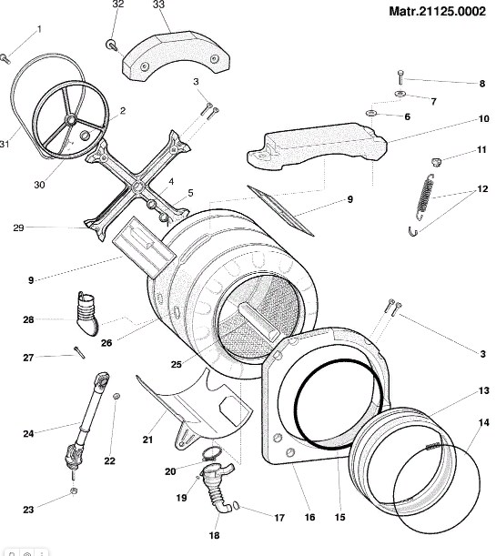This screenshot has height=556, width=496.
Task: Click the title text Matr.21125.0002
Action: pyautogui.click(x=437, y=11)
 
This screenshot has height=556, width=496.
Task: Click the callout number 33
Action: pyautogui.click(x=159, y=5)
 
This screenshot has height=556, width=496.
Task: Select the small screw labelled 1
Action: pyautogui.click(x=5, y=59)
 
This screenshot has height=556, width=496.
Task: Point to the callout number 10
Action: pyautogui.click(x=483, y=118)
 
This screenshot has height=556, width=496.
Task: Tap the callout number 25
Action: pyautogui.click(x=177, y=365)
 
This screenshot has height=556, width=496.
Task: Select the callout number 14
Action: pyautogui.click(x=483, y=422)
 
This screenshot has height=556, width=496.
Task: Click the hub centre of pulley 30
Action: pyautogui.click(x=71, y=120)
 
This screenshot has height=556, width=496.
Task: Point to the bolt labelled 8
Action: pyautogui.click(x=400, y=77)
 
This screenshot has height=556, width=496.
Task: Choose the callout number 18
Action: pyautogui.click(x=214, y=535)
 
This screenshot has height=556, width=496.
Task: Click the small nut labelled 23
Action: pyautogui.click(x=74, y=490)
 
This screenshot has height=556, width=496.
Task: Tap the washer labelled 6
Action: pyautogui.click(x=371, y=113)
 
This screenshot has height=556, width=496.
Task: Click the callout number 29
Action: pyautogui.click(x=18, y=227)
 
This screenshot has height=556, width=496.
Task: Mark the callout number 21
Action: pyautogui.click(x=147, y=440)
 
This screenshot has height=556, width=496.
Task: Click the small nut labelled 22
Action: pyautogui.click(x=116, y=396)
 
